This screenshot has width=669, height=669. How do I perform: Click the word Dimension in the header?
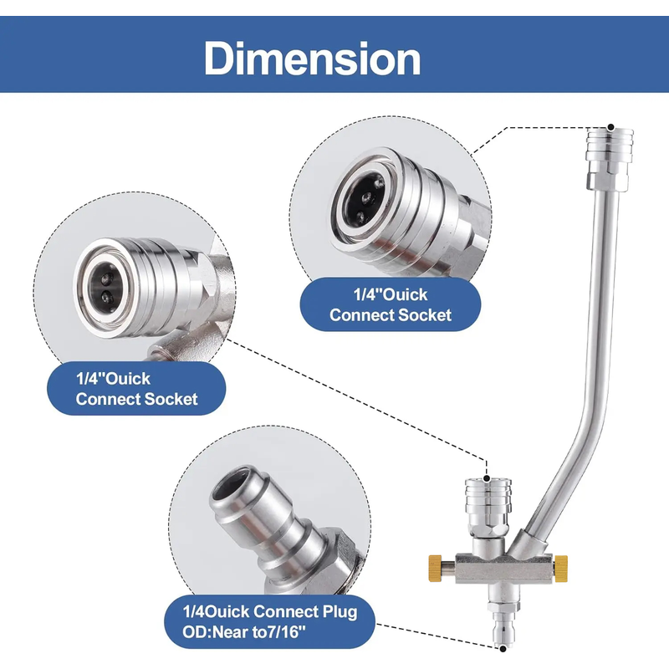click(312, 58)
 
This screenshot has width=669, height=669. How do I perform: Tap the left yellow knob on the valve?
click(435, 567)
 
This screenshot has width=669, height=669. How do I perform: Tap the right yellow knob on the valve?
click(561, 567)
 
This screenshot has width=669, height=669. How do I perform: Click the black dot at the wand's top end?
click(611, 127)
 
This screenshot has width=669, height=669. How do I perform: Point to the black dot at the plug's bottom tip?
click(503, 649)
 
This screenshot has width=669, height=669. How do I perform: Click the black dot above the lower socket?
click(487, 478)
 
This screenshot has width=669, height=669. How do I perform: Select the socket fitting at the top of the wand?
click(610, 160)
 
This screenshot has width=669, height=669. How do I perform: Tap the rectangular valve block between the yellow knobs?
click(504, 568)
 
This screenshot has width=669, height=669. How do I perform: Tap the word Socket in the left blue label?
click(171, 400)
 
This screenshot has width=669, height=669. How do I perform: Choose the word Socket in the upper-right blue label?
click(425, 315)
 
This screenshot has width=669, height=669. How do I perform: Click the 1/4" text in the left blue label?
click(90, 378)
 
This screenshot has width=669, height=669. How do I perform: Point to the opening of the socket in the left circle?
click(103, 288)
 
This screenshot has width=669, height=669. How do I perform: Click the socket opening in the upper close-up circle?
click(364, 197)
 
